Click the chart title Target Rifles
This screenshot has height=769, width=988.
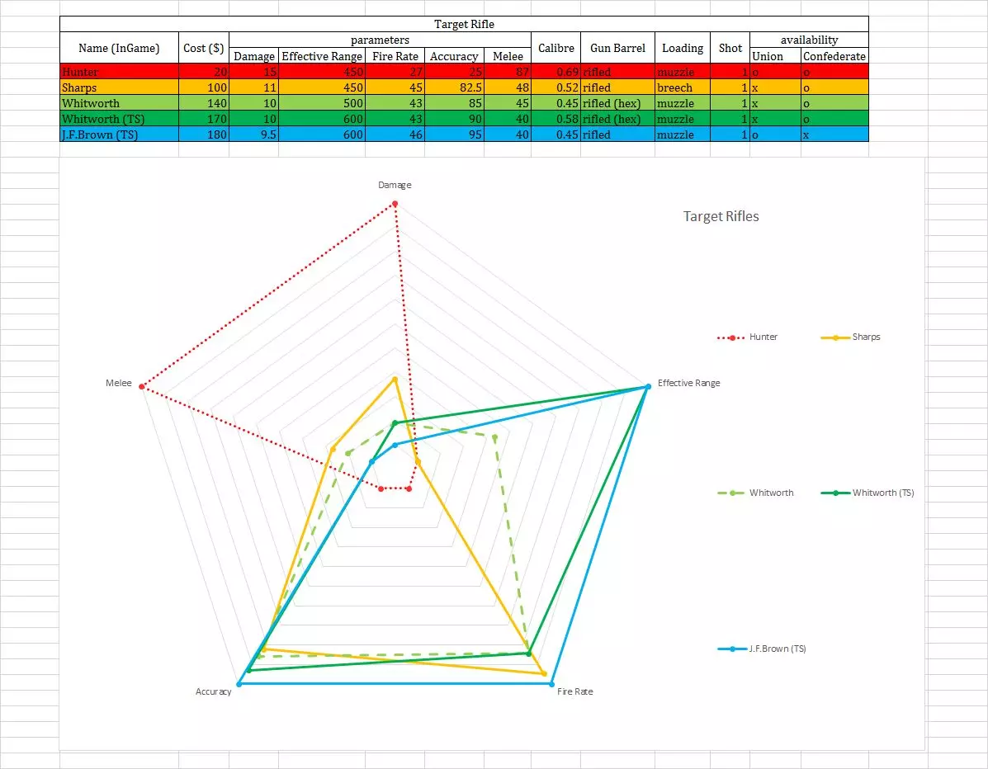721,216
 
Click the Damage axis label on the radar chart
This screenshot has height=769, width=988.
395,185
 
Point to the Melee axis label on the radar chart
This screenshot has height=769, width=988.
119,383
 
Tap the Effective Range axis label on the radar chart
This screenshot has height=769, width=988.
688,383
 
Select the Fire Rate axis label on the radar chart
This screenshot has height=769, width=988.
574,691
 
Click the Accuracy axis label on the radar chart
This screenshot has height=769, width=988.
213,691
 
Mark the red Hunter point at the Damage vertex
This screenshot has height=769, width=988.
395,204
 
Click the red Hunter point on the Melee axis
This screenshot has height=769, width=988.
142,386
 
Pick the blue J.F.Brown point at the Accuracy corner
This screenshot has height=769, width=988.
239,684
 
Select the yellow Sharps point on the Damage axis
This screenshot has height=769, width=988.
395,380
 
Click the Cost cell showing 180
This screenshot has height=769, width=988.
204,134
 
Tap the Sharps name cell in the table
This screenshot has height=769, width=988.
79,87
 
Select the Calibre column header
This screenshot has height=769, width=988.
555,48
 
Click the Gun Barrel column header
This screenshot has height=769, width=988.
617,48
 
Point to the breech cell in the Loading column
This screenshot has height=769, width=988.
674,87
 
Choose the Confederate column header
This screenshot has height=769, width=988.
834,56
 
